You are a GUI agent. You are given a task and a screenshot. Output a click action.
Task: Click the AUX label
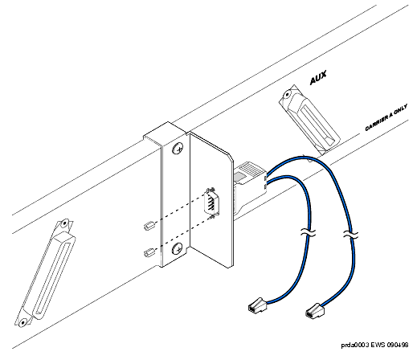318,78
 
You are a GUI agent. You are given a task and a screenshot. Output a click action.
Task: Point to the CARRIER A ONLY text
386,118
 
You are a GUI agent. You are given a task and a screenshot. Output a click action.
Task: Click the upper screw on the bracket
178,149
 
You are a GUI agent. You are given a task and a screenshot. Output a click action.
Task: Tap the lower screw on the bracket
178,248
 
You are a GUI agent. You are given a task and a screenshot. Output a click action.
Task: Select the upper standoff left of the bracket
149,226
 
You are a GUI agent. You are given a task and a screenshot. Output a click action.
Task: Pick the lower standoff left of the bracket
149,252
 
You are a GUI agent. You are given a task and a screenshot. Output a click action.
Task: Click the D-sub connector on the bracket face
211,202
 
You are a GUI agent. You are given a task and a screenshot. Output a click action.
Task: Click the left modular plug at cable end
258,305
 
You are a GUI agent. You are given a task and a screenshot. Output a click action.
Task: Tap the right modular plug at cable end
315,311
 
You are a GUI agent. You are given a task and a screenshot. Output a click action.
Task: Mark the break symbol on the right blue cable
350,235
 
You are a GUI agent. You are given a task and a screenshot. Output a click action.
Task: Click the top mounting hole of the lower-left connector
64,223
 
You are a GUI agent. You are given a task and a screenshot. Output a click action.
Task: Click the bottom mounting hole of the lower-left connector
23,322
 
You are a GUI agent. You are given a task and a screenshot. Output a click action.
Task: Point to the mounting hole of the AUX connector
287,95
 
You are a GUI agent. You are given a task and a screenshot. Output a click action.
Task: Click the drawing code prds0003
355,345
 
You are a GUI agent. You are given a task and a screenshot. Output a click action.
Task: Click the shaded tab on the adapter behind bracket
241,177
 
